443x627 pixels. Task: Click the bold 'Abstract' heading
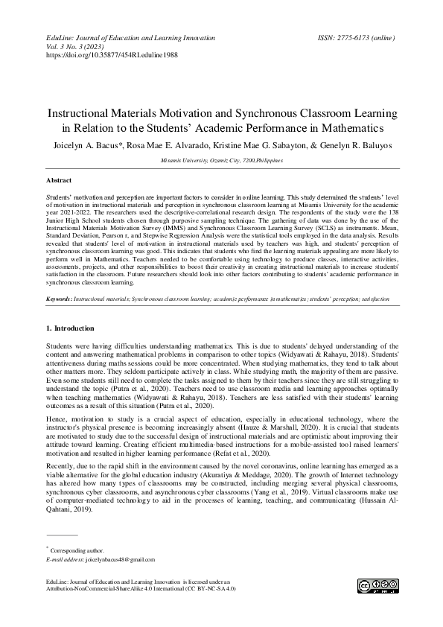(59, 181)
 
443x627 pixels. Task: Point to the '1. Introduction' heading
(70, 328)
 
